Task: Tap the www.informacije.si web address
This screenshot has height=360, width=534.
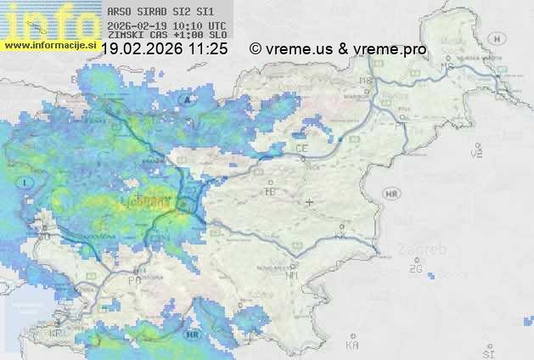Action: pos(48,45)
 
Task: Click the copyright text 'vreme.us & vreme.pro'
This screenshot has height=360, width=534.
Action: pos(346,49)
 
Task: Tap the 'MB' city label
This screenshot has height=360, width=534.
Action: pos(366,82)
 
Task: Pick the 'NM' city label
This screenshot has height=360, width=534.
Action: pos(292,274)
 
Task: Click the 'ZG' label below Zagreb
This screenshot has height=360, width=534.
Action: pos(415,269)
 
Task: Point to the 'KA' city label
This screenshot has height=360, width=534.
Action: pos(351,345)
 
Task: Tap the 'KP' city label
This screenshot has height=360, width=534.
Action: pos(56,334)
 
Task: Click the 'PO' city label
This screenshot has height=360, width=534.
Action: pos(134,279)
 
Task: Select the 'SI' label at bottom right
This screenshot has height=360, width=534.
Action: pos(487,351)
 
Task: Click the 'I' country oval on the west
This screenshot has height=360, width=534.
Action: pos(27,182)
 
